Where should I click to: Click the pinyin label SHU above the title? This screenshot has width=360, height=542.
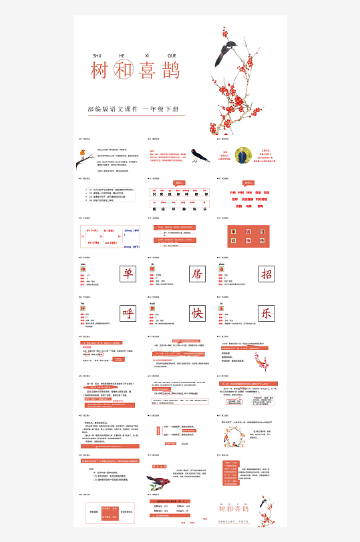tap(98, 56)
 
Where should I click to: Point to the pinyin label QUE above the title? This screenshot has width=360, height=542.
tap(172, 56)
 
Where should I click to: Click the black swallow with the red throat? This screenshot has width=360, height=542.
tap(198, 156)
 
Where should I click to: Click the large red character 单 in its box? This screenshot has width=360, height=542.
tap(127, 274)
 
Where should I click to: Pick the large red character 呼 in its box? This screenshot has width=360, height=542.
tap(127, 313)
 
